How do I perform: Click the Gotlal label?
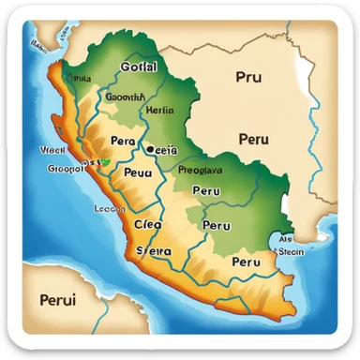140,68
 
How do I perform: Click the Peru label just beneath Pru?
253,139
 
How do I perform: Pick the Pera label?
124,141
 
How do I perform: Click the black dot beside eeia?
148,147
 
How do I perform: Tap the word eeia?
165,148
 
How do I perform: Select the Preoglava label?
200,171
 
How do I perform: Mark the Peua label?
138,173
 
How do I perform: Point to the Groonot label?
65,170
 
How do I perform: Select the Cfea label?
147,224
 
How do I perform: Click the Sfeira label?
154,251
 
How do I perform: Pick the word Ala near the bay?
284,237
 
